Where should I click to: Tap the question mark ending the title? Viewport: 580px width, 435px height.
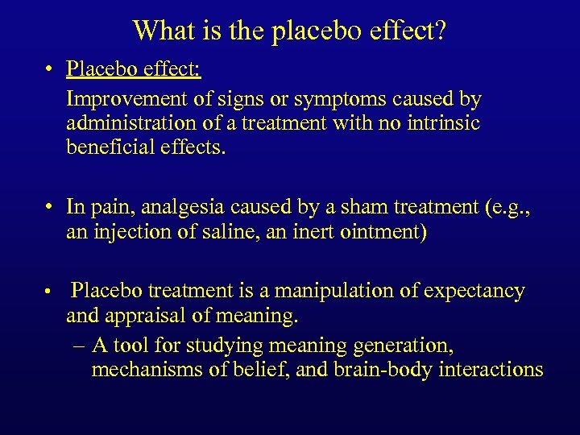click(441, 30)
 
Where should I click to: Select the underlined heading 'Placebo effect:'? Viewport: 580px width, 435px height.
click(134, 69)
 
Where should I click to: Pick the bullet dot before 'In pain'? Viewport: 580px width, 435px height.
click(50, 207)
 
